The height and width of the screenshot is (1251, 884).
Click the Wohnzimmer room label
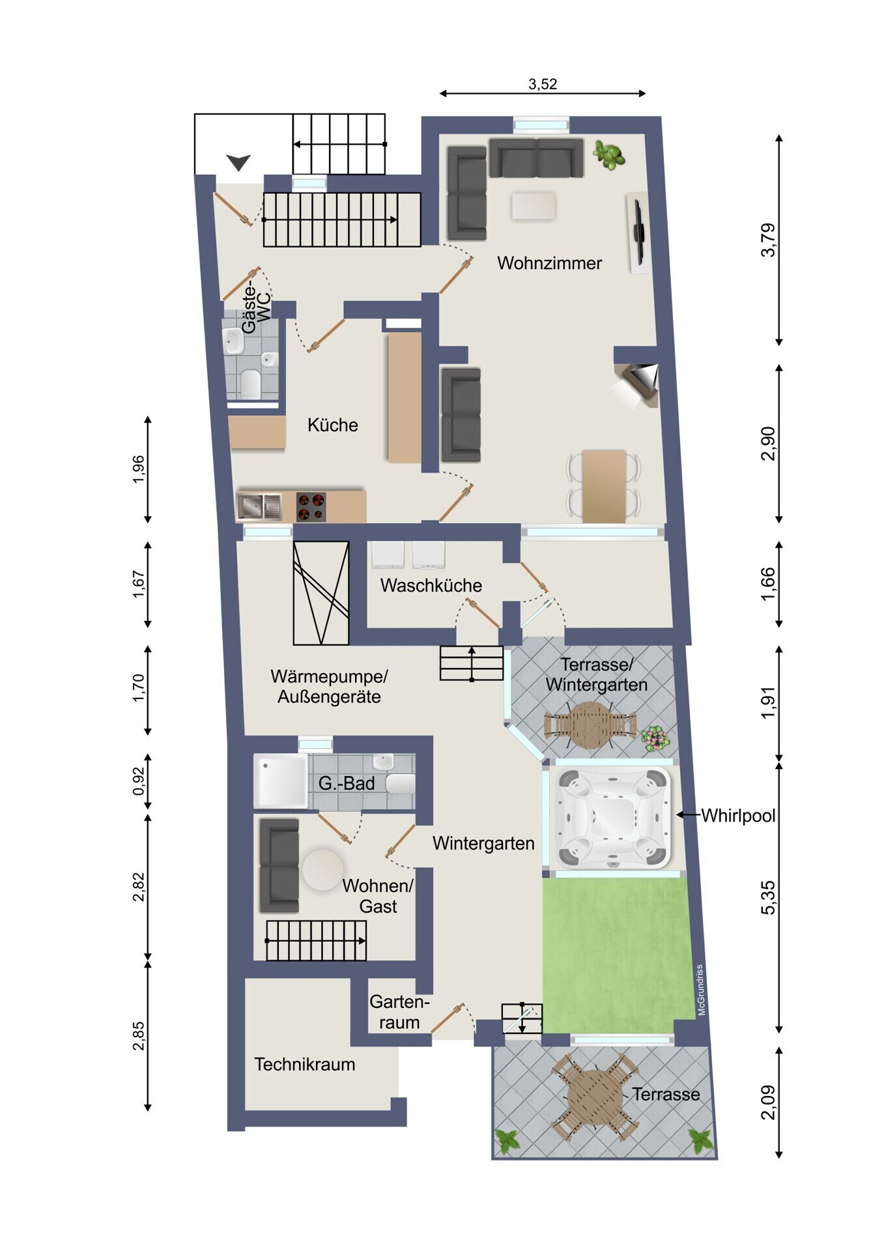[x=549, y=263]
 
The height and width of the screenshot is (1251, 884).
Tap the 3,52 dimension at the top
[x=543, y=84]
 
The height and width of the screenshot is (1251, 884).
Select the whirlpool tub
[x=613, y=817]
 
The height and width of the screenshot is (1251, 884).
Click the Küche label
[x=333, y=425]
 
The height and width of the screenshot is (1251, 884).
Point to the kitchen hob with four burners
[x=311, y=507]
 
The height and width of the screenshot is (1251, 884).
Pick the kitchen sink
[x=259, y=507]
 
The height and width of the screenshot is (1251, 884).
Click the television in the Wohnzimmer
[x=639, y=233]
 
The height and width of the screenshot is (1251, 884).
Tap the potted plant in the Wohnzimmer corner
[x=608, y=156]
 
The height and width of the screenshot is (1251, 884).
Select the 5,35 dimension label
[x=769, y=897]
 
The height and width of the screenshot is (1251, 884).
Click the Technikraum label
[x=305, y=1064]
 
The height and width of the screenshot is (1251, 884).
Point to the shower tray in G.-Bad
[x=281, y=781]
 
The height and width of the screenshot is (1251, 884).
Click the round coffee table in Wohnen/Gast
[x=322, y=869]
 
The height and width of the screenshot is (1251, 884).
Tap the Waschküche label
[x=431, y=585]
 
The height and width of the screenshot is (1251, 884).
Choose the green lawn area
[x=616, y=955]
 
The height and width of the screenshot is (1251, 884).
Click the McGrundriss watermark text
[x=701, y=990]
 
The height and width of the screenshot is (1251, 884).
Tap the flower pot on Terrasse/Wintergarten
[x=655, y=739]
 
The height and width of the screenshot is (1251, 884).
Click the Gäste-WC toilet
[x=251, y=384]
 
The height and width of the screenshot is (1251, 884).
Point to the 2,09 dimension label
[x=769, y=1102]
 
